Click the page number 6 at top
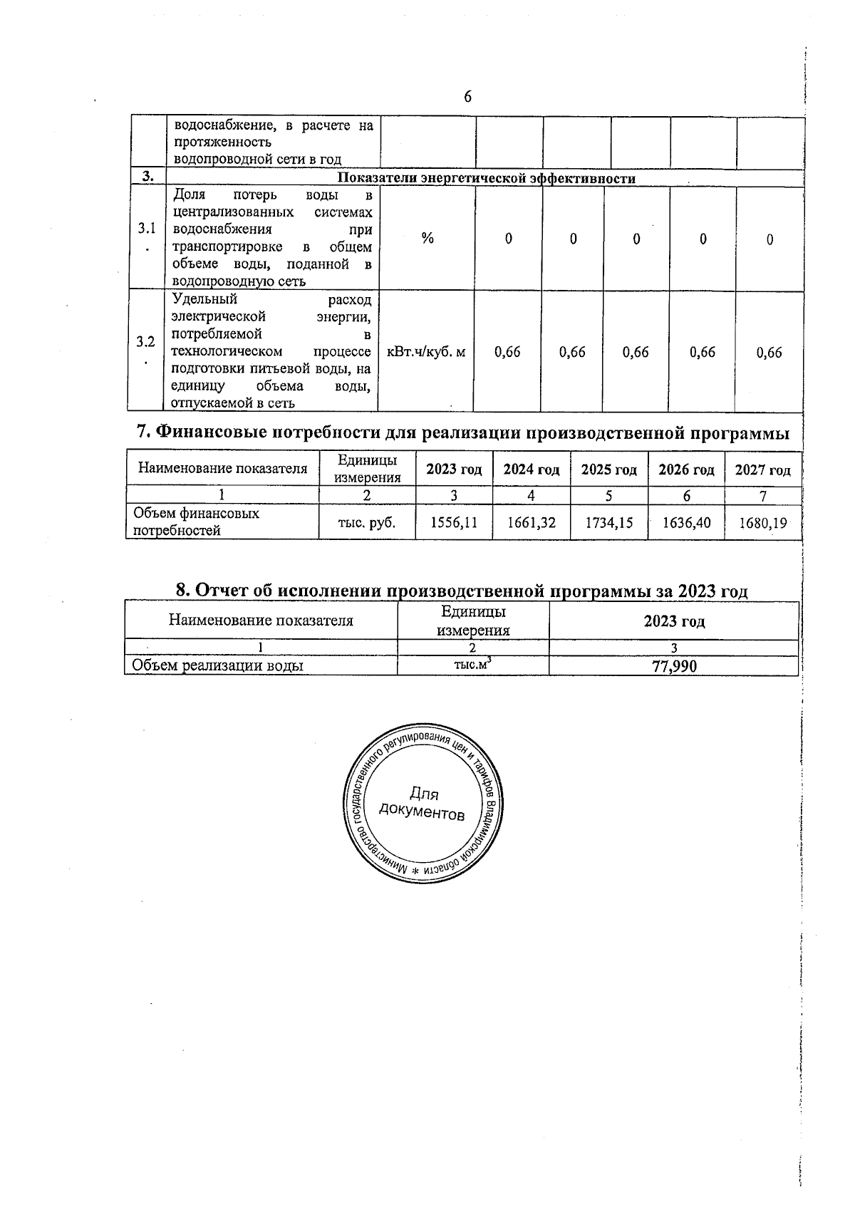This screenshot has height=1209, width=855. pos(467,97)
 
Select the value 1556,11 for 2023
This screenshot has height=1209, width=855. pos(454,522)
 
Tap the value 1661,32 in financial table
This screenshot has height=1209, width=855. pos(532,522)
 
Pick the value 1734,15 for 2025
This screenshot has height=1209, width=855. pos(608,522)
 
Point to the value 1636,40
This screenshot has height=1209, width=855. pos(686,522)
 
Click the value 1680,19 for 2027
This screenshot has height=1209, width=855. pos(762,523)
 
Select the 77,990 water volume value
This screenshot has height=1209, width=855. pos(674,666)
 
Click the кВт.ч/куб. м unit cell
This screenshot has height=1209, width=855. pos(426,352)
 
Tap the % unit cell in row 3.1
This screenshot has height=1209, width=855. pos(427,239)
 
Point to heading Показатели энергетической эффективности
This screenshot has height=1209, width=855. pos(486,179)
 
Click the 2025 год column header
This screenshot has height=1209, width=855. pos(608,469)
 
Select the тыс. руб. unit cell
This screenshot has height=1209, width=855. pos(366,522)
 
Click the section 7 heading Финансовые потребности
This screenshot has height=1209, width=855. pos(462,432)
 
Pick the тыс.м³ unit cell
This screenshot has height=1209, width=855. pos(473,665)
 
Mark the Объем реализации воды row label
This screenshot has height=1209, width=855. pos(218,666)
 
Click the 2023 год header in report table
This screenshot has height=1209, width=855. pos(674,621)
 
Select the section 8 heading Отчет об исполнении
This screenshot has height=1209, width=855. pos(462,591)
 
